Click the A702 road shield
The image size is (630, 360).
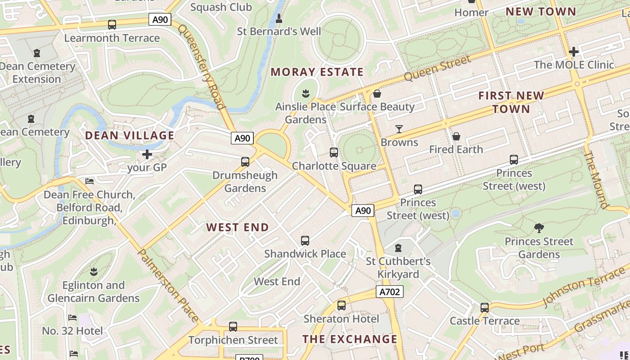coord(390,292)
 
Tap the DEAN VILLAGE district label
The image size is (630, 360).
coord(130,135)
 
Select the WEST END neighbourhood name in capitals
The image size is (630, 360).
coord(238,227)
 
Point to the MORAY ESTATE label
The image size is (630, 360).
coord(317,72)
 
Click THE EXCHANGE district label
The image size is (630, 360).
coord(350,339)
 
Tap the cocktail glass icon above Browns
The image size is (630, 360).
coord(399,129)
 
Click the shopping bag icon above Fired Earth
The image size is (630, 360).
coord(456,136)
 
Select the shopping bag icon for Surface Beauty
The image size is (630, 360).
coord(377,94)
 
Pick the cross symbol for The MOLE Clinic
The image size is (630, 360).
coord(573,52)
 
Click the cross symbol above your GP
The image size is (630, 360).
coord(147,155)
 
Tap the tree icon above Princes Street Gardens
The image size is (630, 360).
coord(539,228)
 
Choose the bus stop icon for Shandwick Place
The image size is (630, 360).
coord(305,241)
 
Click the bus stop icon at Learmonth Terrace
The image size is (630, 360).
coord(112,25)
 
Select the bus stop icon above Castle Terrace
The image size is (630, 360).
coord(484,308)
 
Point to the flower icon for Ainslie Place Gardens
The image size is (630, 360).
coord(306,94)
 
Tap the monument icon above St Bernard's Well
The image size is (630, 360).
coord(279,18)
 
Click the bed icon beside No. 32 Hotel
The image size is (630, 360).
coord(72,318)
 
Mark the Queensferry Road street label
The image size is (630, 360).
coord(201,67)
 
